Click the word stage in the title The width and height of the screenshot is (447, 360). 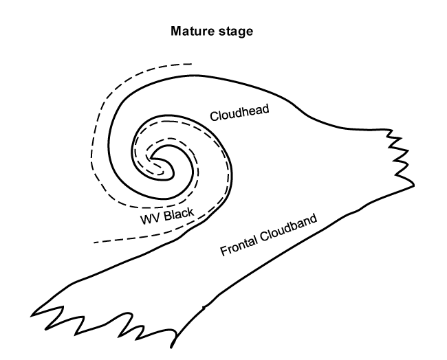(236, 32)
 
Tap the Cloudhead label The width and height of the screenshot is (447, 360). (239, 113)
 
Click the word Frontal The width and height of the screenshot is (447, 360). (239, 245)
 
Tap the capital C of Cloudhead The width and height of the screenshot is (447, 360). (214, 117)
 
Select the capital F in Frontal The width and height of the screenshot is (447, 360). (224, 251)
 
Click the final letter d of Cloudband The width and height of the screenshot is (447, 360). (314, 219)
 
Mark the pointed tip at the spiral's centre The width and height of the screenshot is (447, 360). (151, 158)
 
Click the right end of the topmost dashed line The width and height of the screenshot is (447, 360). (192, 64)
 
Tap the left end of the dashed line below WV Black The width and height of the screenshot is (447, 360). (94, 243)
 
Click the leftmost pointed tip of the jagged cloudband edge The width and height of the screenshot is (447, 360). (31, 315)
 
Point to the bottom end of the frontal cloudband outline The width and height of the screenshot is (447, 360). (171, 348)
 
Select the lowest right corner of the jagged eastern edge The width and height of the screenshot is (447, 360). (414, 185)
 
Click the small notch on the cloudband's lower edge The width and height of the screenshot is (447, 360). (204, 308)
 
